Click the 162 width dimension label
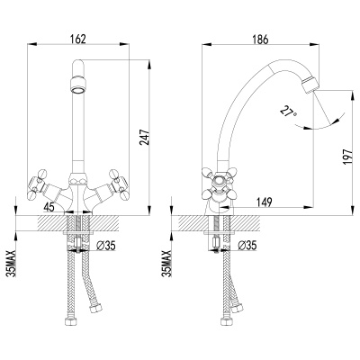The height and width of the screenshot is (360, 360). pos(77,39)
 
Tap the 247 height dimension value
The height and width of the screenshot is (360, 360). pos(144,138)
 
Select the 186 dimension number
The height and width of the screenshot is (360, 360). pos(260,40)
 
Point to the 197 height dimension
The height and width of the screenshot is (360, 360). pos(347,157)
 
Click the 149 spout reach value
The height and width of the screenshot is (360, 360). pos(263,202)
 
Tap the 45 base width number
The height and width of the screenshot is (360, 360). pos(49,207)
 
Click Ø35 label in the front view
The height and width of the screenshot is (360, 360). pos(105,246)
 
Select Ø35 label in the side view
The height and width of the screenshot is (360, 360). pos(247,246)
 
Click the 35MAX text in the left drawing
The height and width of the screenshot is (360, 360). pos(11,263)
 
